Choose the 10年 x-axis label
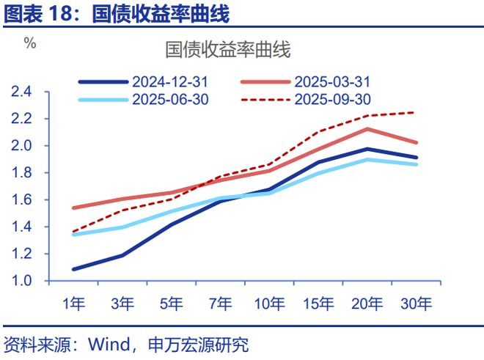pyautogui.click(x=270, y=304)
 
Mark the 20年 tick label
pyautogui.click(x=367, y=304)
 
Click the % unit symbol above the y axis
pyautogui.click(x=30, y=43)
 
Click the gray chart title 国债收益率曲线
pyautogui.click(x=228, y=50)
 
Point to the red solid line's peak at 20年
pyautogui.click(x=367, y=129)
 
